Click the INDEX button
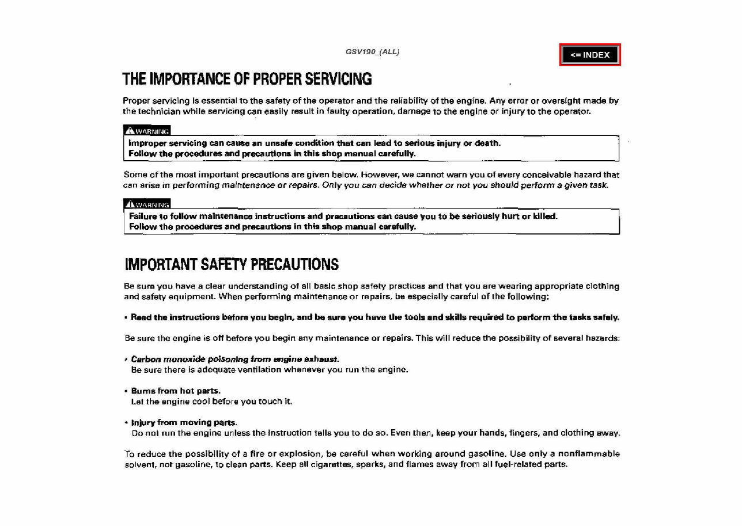[x=590, y=55]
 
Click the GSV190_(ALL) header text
[x=372, y=52]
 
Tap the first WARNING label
[x=147, y=131]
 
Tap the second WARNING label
[x=147, y=204]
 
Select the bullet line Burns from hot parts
[x=176, y=391]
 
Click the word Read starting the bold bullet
[x=141, y=317]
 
